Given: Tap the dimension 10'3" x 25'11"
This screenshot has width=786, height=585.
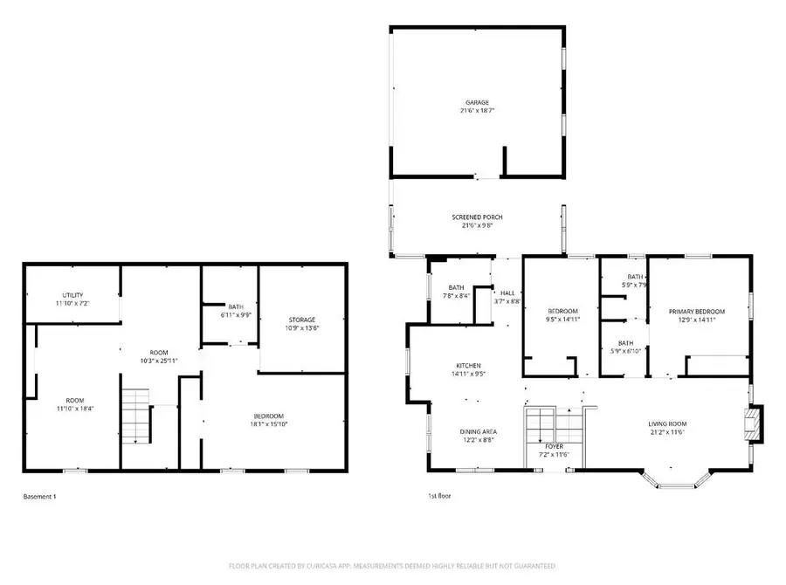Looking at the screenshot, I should pyautogui.click(x=158, y=361).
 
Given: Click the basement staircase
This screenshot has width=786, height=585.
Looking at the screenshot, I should pyautogui.click(x=135, y=416).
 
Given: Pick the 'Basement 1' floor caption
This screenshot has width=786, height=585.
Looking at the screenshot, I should pyautogui.click(x=39, y=497).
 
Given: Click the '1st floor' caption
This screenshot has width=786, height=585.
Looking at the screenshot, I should pyautogui.click(x=438, y=496).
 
